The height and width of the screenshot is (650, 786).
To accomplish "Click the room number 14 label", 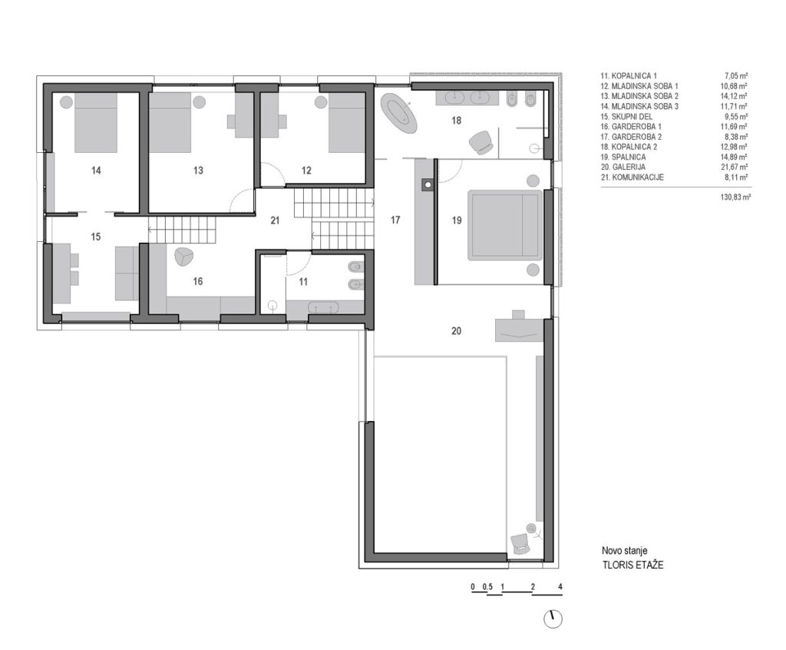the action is [96, 171].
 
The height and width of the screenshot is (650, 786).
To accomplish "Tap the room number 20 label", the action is [456, 331].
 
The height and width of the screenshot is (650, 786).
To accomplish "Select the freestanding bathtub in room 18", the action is [399, 113].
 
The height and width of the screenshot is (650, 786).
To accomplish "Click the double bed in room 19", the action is [505, 225].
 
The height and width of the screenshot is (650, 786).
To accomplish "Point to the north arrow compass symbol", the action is [553, 618].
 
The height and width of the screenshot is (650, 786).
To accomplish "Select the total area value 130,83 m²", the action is [735, 197].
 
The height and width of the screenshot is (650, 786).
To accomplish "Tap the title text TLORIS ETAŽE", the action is [632, 565].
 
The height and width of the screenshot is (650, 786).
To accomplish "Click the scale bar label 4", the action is [560, 587].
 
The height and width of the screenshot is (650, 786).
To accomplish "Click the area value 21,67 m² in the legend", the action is [735, 167].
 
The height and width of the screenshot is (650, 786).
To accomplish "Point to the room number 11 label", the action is [302, 282].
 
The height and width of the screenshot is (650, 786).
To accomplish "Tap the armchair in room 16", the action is [183, 257].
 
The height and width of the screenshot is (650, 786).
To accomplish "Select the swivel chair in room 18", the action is [481, 141].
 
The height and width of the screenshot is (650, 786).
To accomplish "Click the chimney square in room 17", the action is [427, 184].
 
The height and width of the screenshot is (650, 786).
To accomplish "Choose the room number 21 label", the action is [275, 221].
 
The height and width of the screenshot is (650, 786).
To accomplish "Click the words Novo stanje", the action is [625, 551].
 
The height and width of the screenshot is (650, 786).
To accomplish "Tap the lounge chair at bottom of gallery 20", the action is [520, 543].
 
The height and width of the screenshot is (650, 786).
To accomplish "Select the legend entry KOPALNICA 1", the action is [629, 76].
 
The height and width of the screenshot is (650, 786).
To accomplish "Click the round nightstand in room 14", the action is [66, 102].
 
